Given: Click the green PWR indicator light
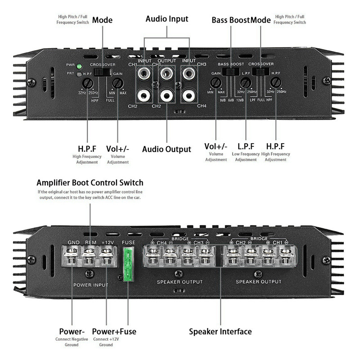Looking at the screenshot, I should [x=79, y=65].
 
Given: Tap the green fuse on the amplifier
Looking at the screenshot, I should [x=128, y=265].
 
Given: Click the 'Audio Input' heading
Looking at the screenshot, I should [x=167, y=19].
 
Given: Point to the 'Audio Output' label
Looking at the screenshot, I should [x=166, y=149].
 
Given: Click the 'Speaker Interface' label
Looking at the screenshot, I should [x=220, y=332].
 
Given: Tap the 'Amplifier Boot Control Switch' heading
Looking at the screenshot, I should [x=90, y=183].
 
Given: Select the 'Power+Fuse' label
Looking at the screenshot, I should [x=114, y=332].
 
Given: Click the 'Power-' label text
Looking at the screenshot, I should [x=72, y=332].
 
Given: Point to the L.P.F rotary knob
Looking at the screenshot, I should [x=245, y=82].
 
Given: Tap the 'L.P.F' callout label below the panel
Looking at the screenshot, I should [x=246, y=146].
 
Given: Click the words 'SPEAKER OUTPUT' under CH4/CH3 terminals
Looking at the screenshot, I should [x=180, y=282].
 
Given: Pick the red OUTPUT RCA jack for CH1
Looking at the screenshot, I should [x=167, y=72].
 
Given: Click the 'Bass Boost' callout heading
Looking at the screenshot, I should [x=230, y=20].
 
